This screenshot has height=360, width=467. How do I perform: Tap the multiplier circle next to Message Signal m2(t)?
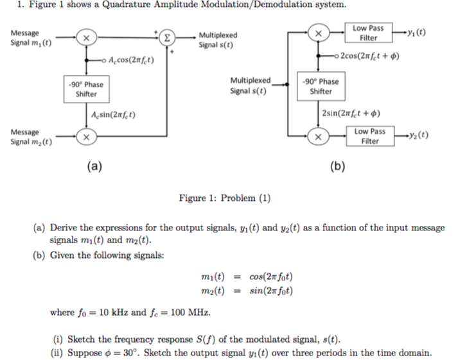[85, 137]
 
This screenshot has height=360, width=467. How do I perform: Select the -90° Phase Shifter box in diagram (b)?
[321, 86]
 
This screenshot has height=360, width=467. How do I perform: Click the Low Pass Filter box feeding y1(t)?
[368, 33]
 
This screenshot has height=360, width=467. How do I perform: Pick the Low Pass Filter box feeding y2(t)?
[370, 135]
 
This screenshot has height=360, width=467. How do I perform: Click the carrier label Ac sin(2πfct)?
[114, 116]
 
